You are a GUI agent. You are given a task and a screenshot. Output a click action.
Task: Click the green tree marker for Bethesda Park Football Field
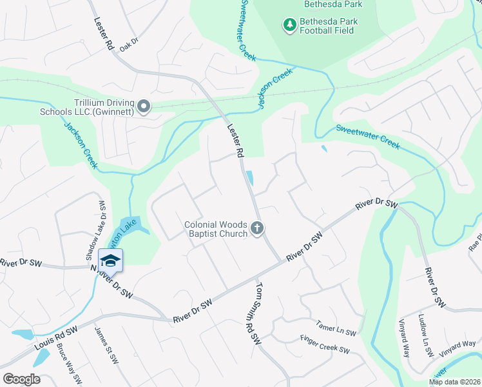click(x=290, y=25)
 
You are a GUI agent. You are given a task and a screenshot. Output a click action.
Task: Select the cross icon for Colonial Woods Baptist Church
click(x=256, y=228)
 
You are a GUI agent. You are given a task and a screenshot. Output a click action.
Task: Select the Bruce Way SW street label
click(x=68, y=368)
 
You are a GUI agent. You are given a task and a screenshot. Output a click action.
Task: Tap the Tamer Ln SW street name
click(x=336, y=331)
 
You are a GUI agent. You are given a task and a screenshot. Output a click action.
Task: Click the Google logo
click(x=21, y=379)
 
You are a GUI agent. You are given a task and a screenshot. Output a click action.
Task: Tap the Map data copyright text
click(x=454, y=382)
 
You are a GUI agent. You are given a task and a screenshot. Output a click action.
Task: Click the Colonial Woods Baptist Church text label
click(x=215, y=228)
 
